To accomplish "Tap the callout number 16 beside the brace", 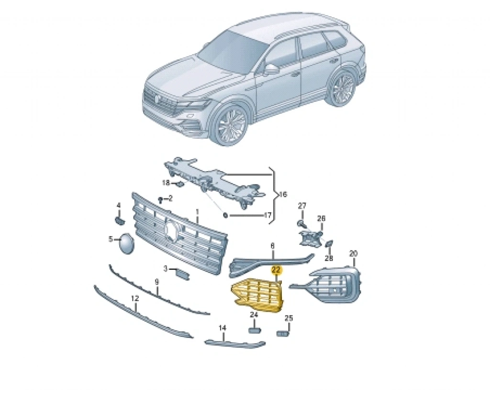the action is (x=282, y=195).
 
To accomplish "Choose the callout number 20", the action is (x=353, y=253).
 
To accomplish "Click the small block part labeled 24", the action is (x=254, y=330).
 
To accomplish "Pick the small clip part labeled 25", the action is (x=283, y=334).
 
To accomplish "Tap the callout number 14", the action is (x=222, y=328).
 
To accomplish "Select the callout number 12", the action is (x=134, y=299).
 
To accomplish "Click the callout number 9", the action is (x=157, y=282).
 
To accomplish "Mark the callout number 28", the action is (x=329, y=258).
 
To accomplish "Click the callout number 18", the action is (x=166, y=183).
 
